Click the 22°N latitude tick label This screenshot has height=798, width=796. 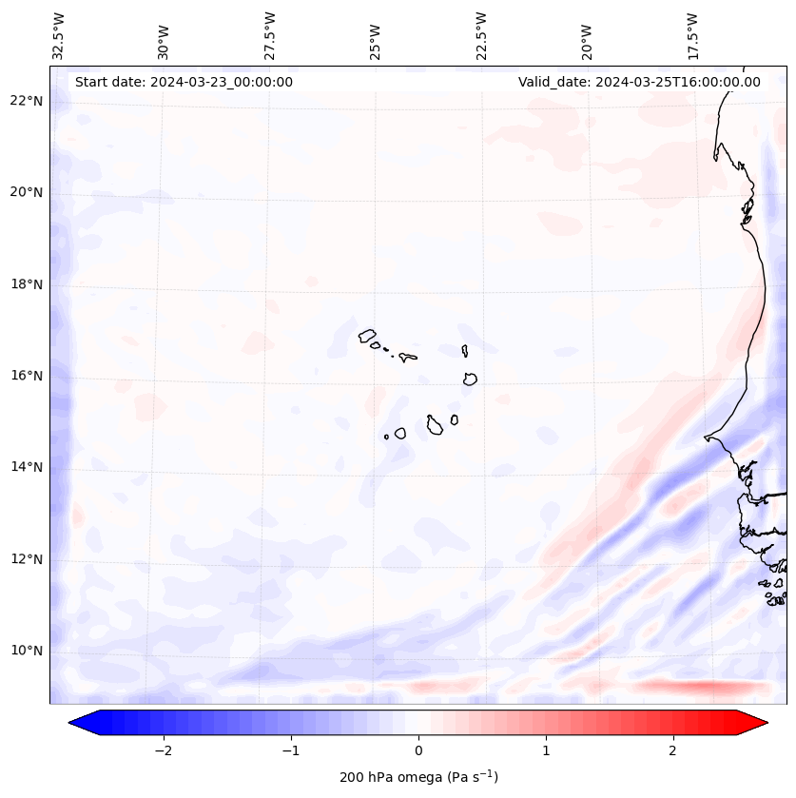pos(27,101)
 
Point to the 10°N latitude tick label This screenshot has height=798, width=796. pos(27,651)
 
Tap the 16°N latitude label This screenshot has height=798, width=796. pos(27,376)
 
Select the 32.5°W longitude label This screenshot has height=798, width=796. pos(59,35)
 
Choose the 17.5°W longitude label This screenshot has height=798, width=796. pos(692,35)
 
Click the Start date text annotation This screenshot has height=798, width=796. pos(184,82)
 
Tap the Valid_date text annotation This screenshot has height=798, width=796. pos(639,82)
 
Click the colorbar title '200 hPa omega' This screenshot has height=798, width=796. pos(418,777)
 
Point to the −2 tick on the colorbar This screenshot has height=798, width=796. pos(163,750)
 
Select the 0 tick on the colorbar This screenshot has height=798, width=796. pos(418,750)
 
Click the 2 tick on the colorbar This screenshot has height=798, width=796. pos(673,750)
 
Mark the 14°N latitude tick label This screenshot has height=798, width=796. pos(27,467)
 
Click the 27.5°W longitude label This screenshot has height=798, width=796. pos(270,35)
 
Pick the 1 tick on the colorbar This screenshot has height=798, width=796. pos(546,750)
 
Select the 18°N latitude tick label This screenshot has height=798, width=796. pos(27,284)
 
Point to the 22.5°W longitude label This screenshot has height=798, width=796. pos(481,35)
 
